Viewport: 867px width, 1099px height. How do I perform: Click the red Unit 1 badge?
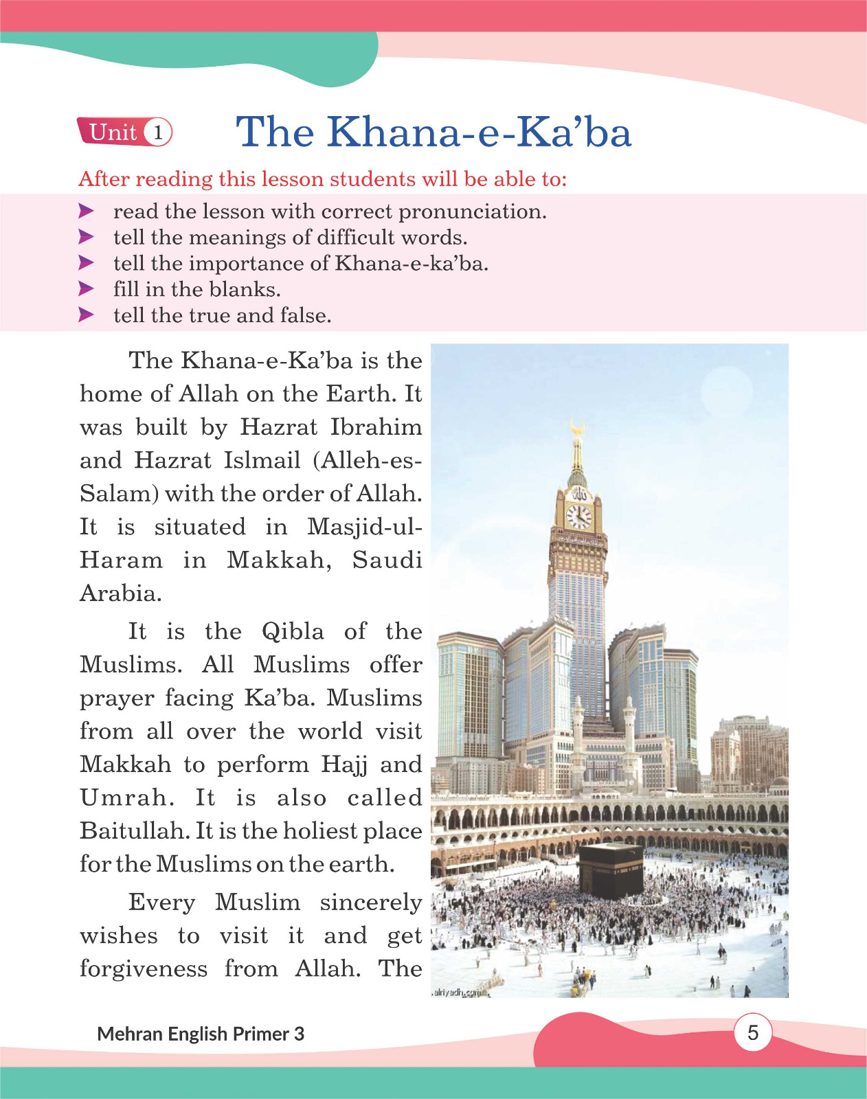(124, 132)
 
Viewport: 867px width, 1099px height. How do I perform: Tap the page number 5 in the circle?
(753, 1032)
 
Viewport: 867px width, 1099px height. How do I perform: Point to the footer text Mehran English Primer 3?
(201, 1034)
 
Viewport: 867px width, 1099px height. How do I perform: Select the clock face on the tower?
(578, 517)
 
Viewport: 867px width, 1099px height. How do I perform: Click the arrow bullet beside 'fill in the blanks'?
(86, 289)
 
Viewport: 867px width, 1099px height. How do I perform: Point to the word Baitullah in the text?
(135, 831)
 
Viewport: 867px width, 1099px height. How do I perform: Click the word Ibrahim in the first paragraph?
(376, 427)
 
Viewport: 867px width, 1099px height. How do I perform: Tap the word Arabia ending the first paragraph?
(121, 593)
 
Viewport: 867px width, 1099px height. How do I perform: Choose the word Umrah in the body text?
(127, 798)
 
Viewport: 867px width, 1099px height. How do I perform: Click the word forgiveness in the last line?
(144, 968)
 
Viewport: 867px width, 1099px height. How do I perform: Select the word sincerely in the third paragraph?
(370, 903)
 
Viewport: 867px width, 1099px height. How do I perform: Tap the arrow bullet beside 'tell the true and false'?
(86, 315)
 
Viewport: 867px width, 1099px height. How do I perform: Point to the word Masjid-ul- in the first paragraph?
(364, 527)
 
